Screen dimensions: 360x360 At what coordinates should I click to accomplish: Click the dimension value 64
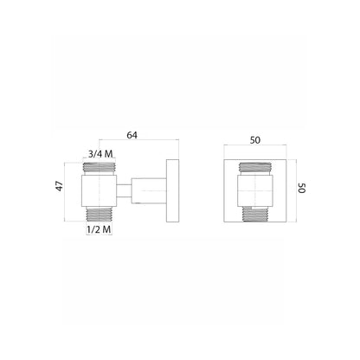click(x=132, y=135)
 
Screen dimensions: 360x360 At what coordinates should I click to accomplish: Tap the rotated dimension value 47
click(x=60, y=186)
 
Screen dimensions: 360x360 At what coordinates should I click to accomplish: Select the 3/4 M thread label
click(x=100, y=154)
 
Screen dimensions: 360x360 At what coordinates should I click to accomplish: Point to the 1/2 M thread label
click(x=99, y=229)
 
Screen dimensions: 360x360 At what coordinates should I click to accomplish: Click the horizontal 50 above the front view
click(x=255, y=140)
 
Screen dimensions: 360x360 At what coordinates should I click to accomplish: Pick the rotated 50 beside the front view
click(x=302, y=188)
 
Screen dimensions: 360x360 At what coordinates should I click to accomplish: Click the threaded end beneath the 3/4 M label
click(x=100, y=167)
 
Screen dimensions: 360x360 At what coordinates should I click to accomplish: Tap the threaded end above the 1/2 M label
click(x=99, y=215)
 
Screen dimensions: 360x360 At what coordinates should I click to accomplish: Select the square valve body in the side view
click(x=99, y=190)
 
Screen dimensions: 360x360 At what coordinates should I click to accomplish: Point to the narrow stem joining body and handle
click(x=124, y=191)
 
